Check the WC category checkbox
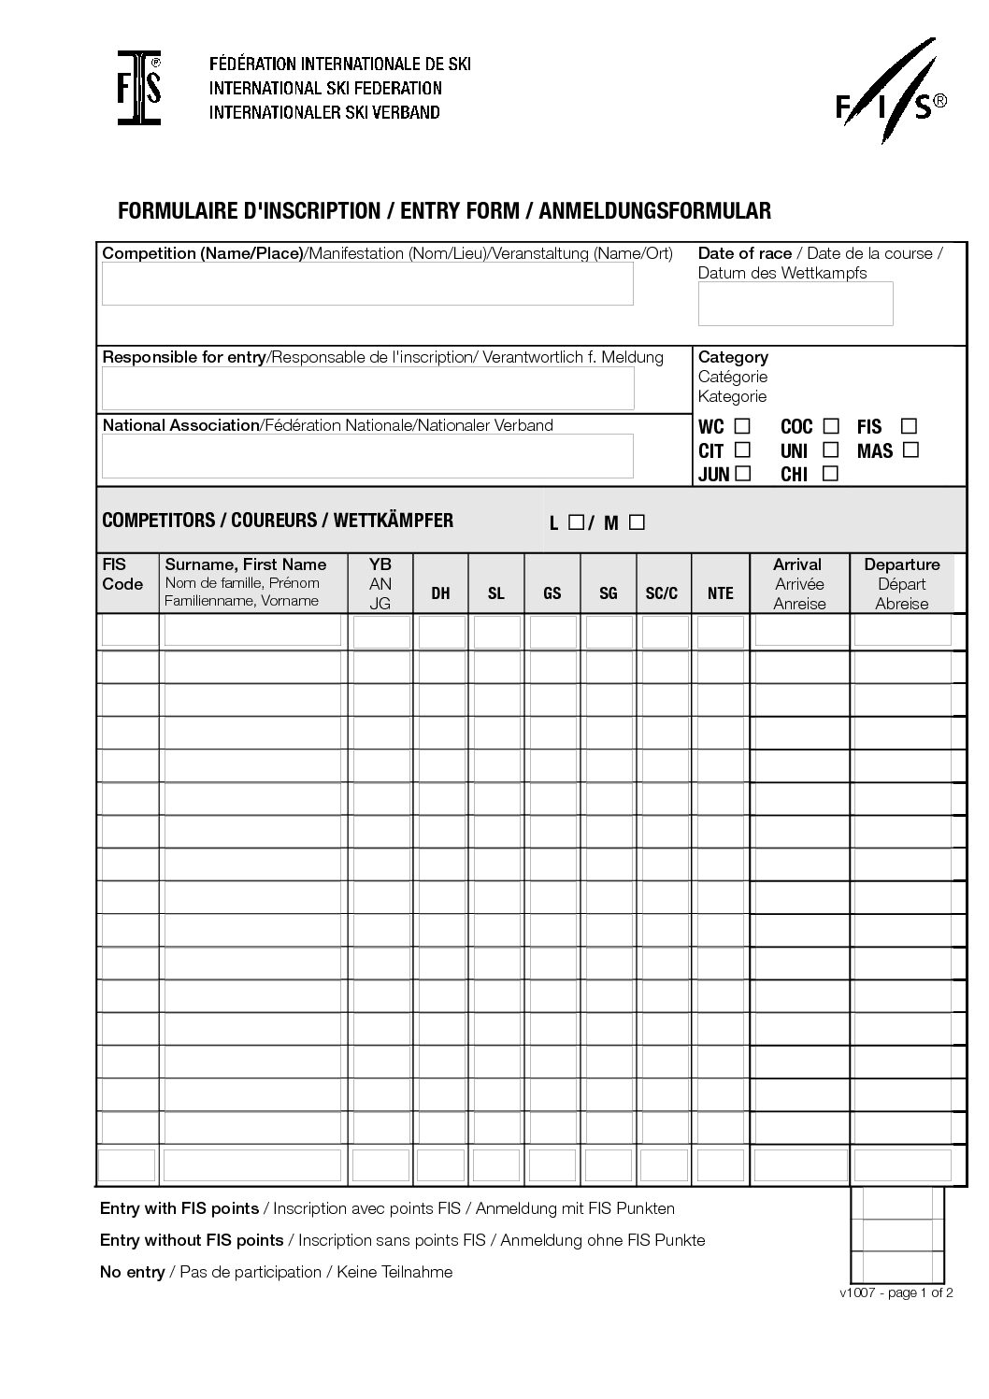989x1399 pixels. [742, 426]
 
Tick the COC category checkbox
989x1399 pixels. [831, 426]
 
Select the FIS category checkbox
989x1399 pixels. [909, 426]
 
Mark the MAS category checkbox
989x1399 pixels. [910, 450]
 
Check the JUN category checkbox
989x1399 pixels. [742, 473]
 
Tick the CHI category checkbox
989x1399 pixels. [830, 473]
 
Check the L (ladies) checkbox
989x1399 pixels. [576, 522]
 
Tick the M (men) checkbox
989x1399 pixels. [637, 522]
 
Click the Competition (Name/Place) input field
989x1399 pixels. [367, 283]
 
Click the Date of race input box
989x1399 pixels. [795, 304]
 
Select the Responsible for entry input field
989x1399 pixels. [367, 388]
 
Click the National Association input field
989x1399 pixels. [367, 455]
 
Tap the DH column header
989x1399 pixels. [440, 593]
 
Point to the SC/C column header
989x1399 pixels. [662, 593]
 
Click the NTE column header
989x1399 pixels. [721, 593]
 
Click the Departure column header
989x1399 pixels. [902, 583]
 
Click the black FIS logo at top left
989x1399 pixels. [139, 88]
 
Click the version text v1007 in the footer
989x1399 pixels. [857, 1293]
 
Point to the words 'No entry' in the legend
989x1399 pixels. [132, 1272]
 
